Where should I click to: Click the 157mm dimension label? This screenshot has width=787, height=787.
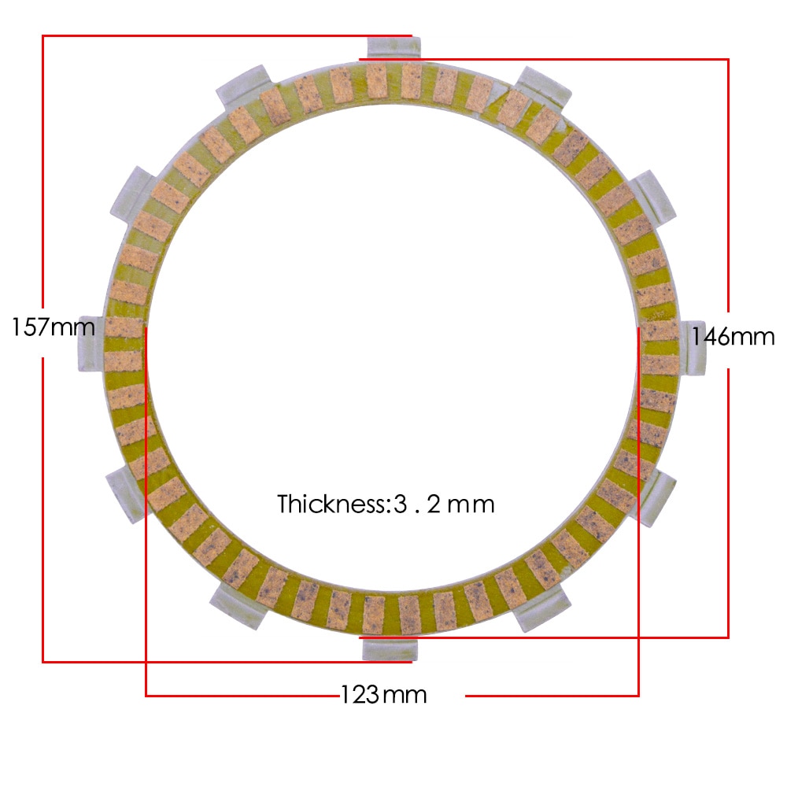[x=53, y=326]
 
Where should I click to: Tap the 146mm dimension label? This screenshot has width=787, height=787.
[x=733, y=337]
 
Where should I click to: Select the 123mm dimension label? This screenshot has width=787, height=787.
[x=383, y=695]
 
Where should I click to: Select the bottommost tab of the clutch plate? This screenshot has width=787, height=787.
[x=390, y=649]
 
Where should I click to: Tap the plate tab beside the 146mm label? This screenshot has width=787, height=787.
[x=693, y=347]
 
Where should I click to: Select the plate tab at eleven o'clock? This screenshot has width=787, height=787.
[x=243, y=86]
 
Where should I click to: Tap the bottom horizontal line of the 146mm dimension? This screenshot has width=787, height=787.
[x=551, y=637]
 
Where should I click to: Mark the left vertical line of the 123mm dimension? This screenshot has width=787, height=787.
[x=146, y=512]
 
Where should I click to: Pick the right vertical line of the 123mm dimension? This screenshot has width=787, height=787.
[x=638, y=512]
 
